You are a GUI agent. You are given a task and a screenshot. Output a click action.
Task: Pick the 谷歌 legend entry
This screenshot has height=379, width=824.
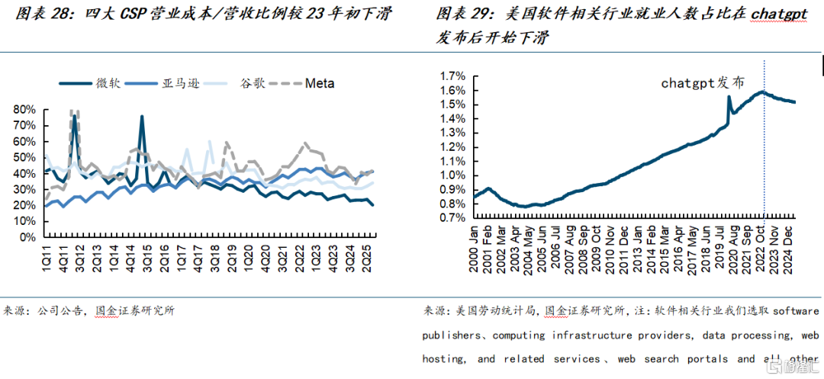[252, 83]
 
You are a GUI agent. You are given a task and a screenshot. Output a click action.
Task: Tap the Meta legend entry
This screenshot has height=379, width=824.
[320, 83]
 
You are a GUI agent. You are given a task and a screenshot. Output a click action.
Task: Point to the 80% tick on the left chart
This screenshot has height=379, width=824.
[24, 110]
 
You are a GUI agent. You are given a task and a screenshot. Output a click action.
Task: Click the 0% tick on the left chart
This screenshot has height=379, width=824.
[27, 238]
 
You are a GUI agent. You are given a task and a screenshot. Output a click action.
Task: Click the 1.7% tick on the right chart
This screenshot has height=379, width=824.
[452, 76]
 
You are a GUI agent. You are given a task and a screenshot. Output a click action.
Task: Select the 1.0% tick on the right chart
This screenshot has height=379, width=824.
[452, 176]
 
